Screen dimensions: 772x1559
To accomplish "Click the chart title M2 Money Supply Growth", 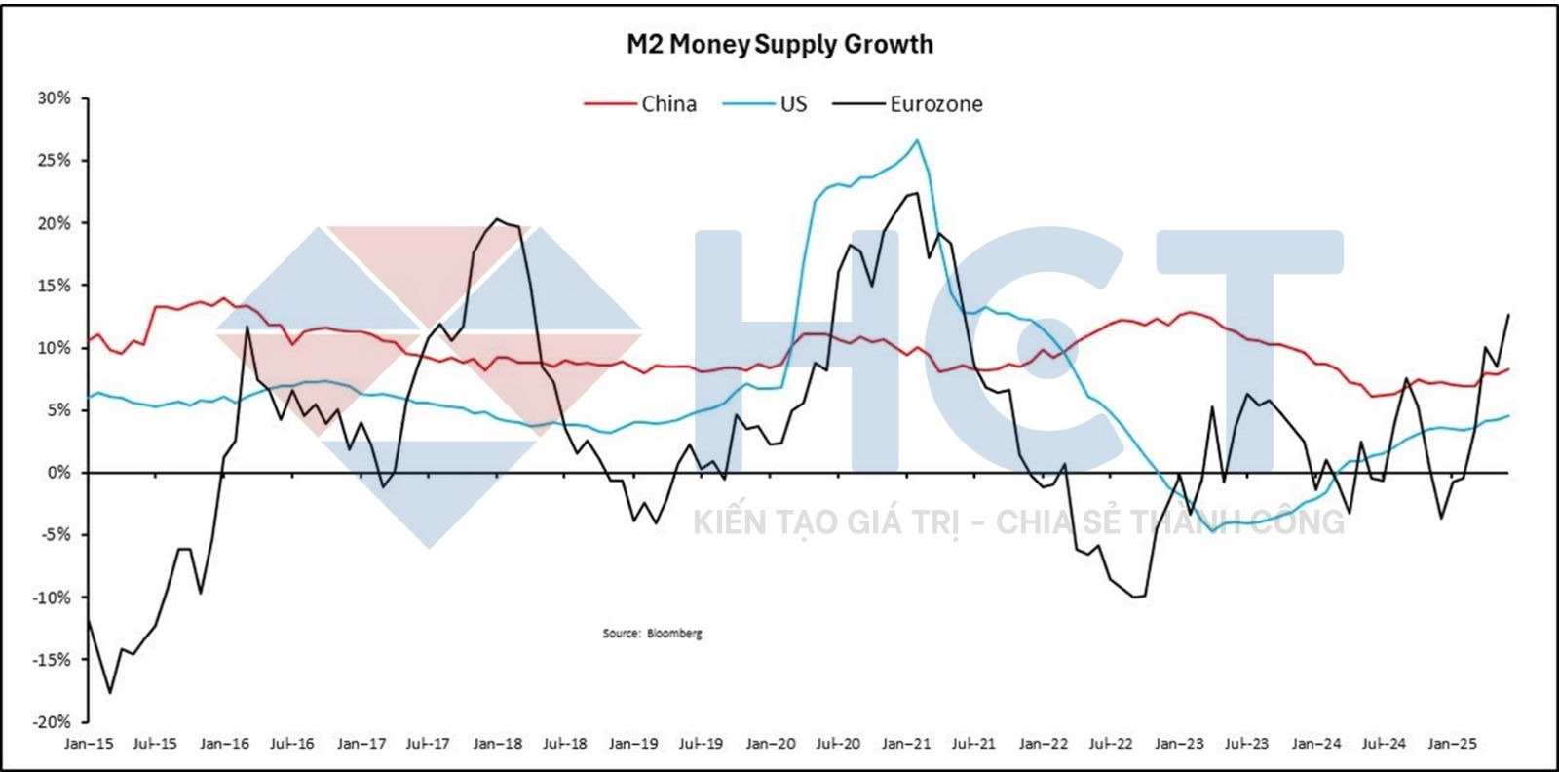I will pyautogui.click(x=779, y=45).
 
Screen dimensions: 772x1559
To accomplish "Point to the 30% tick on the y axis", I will pyautogui.click(x=54, y=97).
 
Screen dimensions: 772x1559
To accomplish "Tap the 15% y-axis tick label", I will pyautogui.click(x=54, y=286).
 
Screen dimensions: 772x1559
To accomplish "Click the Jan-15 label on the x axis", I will pyautogui.click(x=90, y=744).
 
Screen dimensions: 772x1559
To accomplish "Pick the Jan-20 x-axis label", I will pyautogui.click(x=771, y=744).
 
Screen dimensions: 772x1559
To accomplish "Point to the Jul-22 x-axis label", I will pyautogui.click(x=1111, y=744).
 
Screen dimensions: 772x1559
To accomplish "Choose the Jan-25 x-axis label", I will pyautogui.click(x=1452, y=744).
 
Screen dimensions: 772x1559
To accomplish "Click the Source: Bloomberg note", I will pyautogui.click(x=652, y=634).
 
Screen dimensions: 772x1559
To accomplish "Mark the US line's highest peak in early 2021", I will pyautogui.click(x=917, y=140).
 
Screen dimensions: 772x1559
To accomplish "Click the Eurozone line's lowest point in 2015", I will pyautogui.click(x=110, y=693).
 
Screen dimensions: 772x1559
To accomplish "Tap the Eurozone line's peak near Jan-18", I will pyautogui.click(x=497, y=219).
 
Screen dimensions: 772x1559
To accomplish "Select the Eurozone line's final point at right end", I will pyautogui.click(x=1508, y=315).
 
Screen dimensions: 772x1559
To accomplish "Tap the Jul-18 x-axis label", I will pyautogui.click(x=566, y=744).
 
